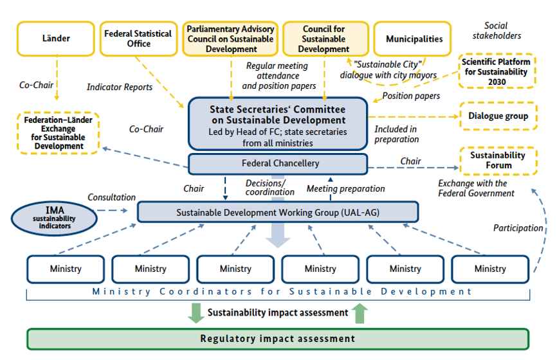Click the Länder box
pos(56,39)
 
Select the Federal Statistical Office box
pos(138,39)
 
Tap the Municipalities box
pos(414,39)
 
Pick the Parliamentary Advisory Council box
pos(231,39)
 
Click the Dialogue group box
pos(498,116)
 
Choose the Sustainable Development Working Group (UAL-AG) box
pos(278,212)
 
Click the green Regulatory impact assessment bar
pos(277,339)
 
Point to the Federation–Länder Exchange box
pos(58,133)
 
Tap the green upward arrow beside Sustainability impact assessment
pos(360,313)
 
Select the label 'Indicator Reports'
pos(120,87)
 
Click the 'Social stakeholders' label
pos(497,31)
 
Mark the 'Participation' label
pos(518,228)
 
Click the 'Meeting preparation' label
pos(345,188)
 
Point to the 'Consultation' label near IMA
pos(112,197)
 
